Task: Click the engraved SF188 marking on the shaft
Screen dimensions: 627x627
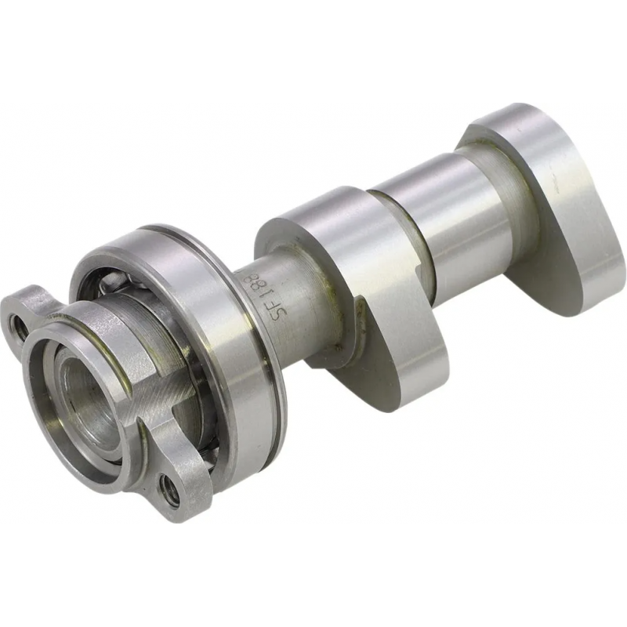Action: click(x=281, y=297)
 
